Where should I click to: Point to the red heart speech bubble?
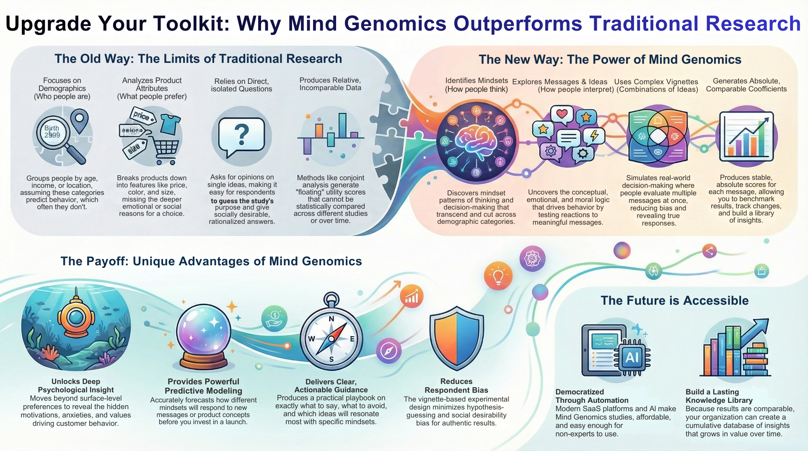click(562, 115)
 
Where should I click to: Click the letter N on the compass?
click(331, 319)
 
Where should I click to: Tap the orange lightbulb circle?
click(498, 276)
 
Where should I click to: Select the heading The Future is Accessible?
click(674, 301)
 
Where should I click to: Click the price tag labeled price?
click(142, 116)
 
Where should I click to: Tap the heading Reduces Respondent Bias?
click(456, 386)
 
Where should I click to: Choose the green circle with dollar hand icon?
click(274, 318)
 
